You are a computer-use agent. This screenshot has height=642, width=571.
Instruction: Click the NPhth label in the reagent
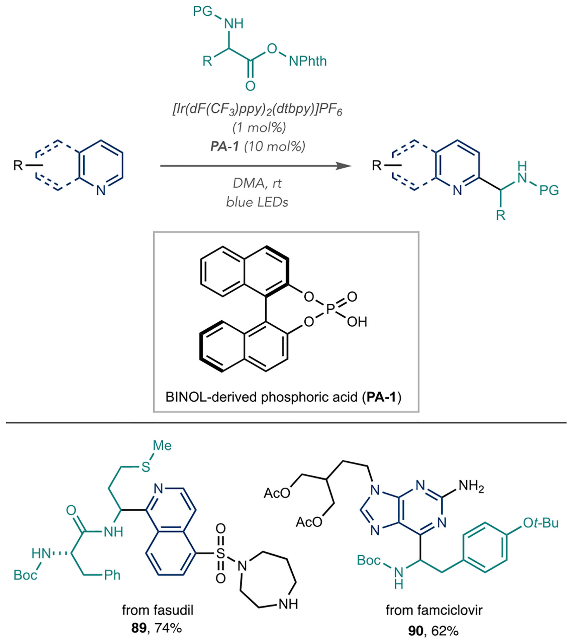(x=308, y=61)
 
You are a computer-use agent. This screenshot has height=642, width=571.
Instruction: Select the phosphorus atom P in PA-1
(x=330, y=309)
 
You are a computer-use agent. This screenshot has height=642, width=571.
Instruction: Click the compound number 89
(x=139, y=628)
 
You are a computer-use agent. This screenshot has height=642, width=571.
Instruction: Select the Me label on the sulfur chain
(x=162, y=445)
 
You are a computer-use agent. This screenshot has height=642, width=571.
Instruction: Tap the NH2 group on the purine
(x=471, y=486)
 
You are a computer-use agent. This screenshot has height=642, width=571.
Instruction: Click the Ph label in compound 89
(x=112, y=575)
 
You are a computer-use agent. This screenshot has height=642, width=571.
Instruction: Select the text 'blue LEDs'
(x=257, y=202)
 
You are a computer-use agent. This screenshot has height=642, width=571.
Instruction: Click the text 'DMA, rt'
(x=257, y=183)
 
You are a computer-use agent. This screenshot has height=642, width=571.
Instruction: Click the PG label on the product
(x=549, y=190)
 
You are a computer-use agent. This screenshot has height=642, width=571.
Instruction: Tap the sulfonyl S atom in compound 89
(x=220, y=553)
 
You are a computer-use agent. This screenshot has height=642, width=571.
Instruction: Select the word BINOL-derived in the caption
(x=211, y=397)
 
